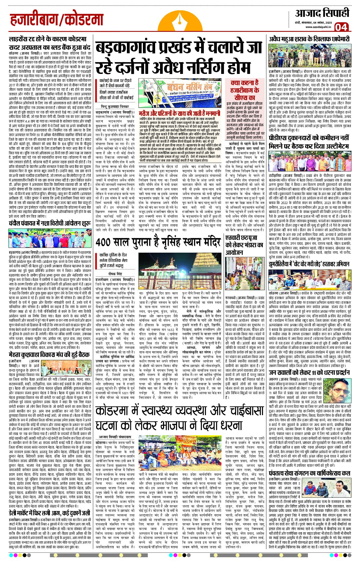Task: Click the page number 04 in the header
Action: pos(342,27)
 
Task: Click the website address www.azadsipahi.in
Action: pos(318,27)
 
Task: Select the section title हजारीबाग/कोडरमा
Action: pos(57,20)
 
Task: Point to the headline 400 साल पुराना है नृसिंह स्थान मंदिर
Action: pos(158,242)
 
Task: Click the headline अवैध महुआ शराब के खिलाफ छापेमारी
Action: pos(309,39)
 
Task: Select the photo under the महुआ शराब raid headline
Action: pos(309,55)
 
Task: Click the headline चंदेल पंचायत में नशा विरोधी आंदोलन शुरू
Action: pos(50,224)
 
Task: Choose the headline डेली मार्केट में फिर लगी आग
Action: pos(49,513)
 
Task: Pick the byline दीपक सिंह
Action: pos(115,274)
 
